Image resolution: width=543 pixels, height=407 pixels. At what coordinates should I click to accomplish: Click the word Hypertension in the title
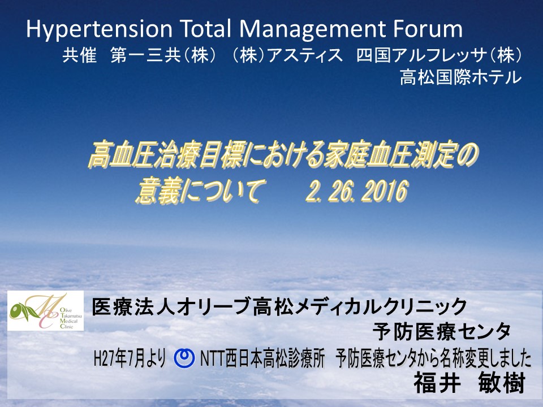100,29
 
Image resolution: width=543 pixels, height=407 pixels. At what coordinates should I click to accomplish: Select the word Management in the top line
312,29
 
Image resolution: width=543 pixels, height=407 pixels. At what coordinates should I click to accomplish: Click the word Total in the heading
205,28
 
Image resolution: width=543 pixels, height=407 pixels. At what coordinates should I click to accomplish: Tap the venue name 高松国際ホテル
460,77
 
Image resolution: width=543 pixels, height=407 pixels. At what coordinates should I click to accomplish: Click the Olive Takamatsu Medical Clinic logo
46,310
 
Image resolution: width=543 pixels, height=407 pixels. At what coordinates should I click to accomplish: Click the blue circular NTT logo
184,358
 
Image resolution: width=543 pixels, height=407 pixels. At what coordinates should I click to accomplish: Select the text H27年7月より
130,358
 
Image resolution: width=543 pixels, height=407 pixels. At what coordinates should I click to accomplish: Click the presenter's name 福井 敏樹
469,383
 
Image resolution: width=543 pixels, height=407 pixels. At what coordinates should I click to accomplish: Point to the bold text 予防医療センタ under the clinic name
441,332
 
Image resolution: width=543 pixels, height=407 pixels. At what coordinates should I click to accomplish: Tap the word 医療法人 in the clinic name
133,307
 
